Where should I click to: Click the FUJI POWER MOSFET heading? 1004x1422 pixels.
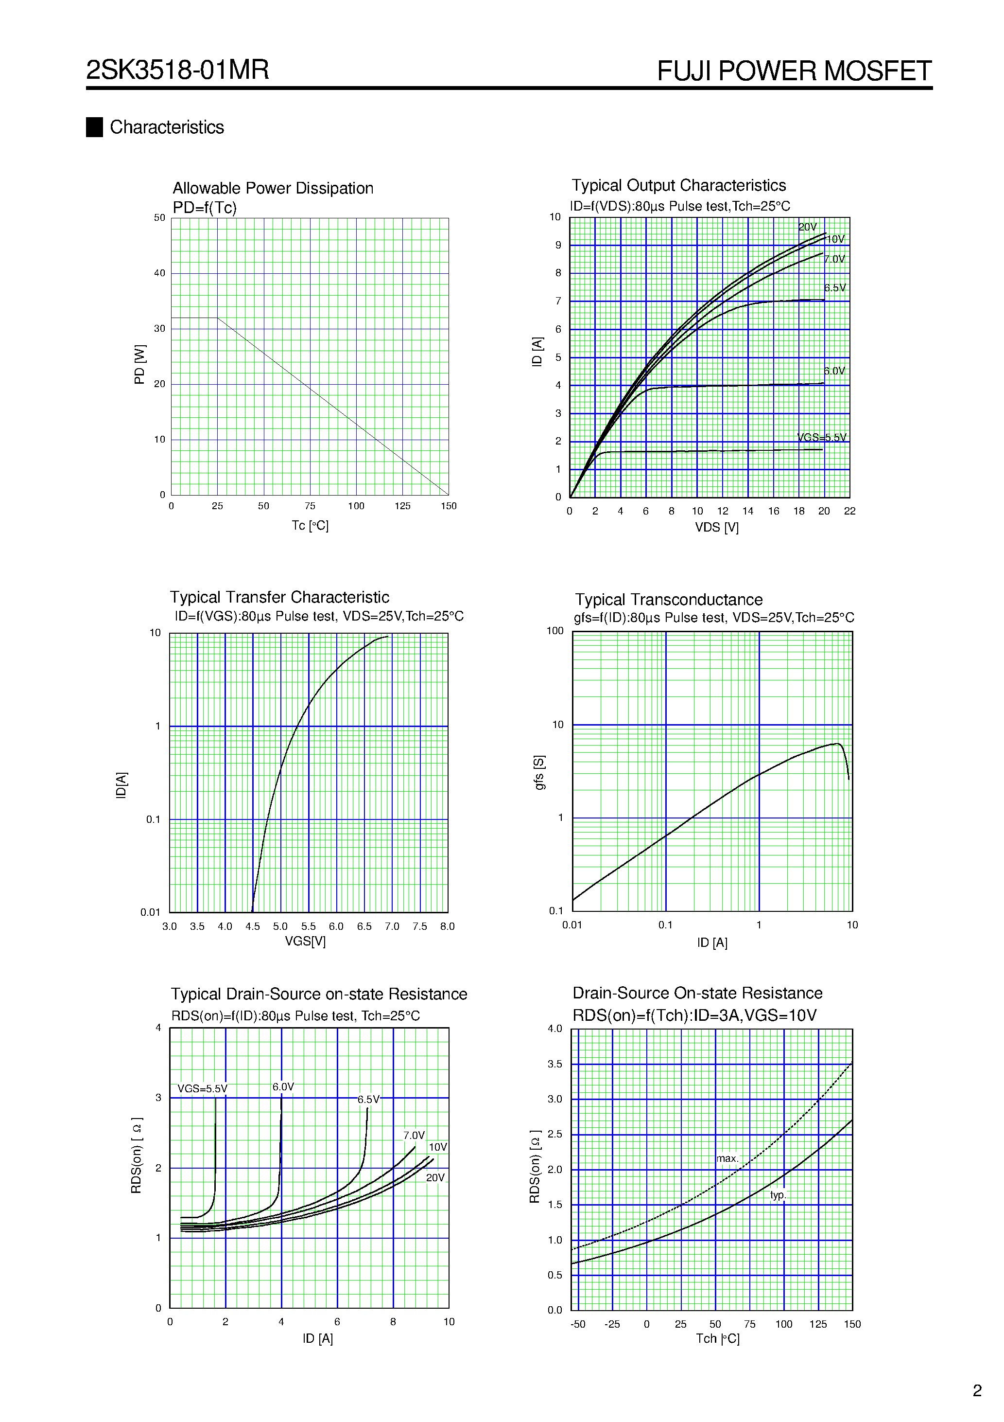(794, 71)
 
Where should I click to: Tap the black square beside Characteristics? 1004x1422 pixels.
(94, 127)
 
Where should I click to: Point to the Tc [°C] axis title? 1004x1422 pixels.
(310, 526)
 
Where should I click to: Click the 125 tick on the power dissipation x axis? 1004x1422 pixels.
(402, 506)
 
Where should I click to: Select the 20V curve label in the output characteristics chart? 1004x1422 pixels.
(807, 227)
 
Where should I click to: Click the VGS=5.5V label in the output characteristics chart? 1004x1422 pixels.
(821, 437)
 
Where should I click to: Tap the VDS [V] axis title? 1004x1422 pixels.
(716, 528)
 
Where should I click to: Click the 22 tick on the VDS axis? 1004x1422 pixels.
(849, 512)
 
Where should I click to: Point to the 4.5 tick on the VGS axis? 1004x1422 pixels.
(253, 926)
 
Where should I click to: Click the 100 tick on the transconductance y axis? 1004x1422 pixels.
(554, 631)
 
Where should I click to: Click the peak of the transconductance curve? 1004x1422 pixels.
(837, 743)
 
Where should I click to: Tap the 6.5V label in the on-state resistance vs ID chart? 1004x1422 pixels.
(368, 1099)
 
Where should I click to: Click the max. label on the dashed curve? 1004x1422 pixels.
(727, 1158)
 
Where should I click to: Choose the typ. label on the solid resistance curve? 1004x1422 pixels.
(778, 1195)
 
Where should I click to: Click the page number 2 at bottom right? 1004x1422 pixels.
(977, 1391)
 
